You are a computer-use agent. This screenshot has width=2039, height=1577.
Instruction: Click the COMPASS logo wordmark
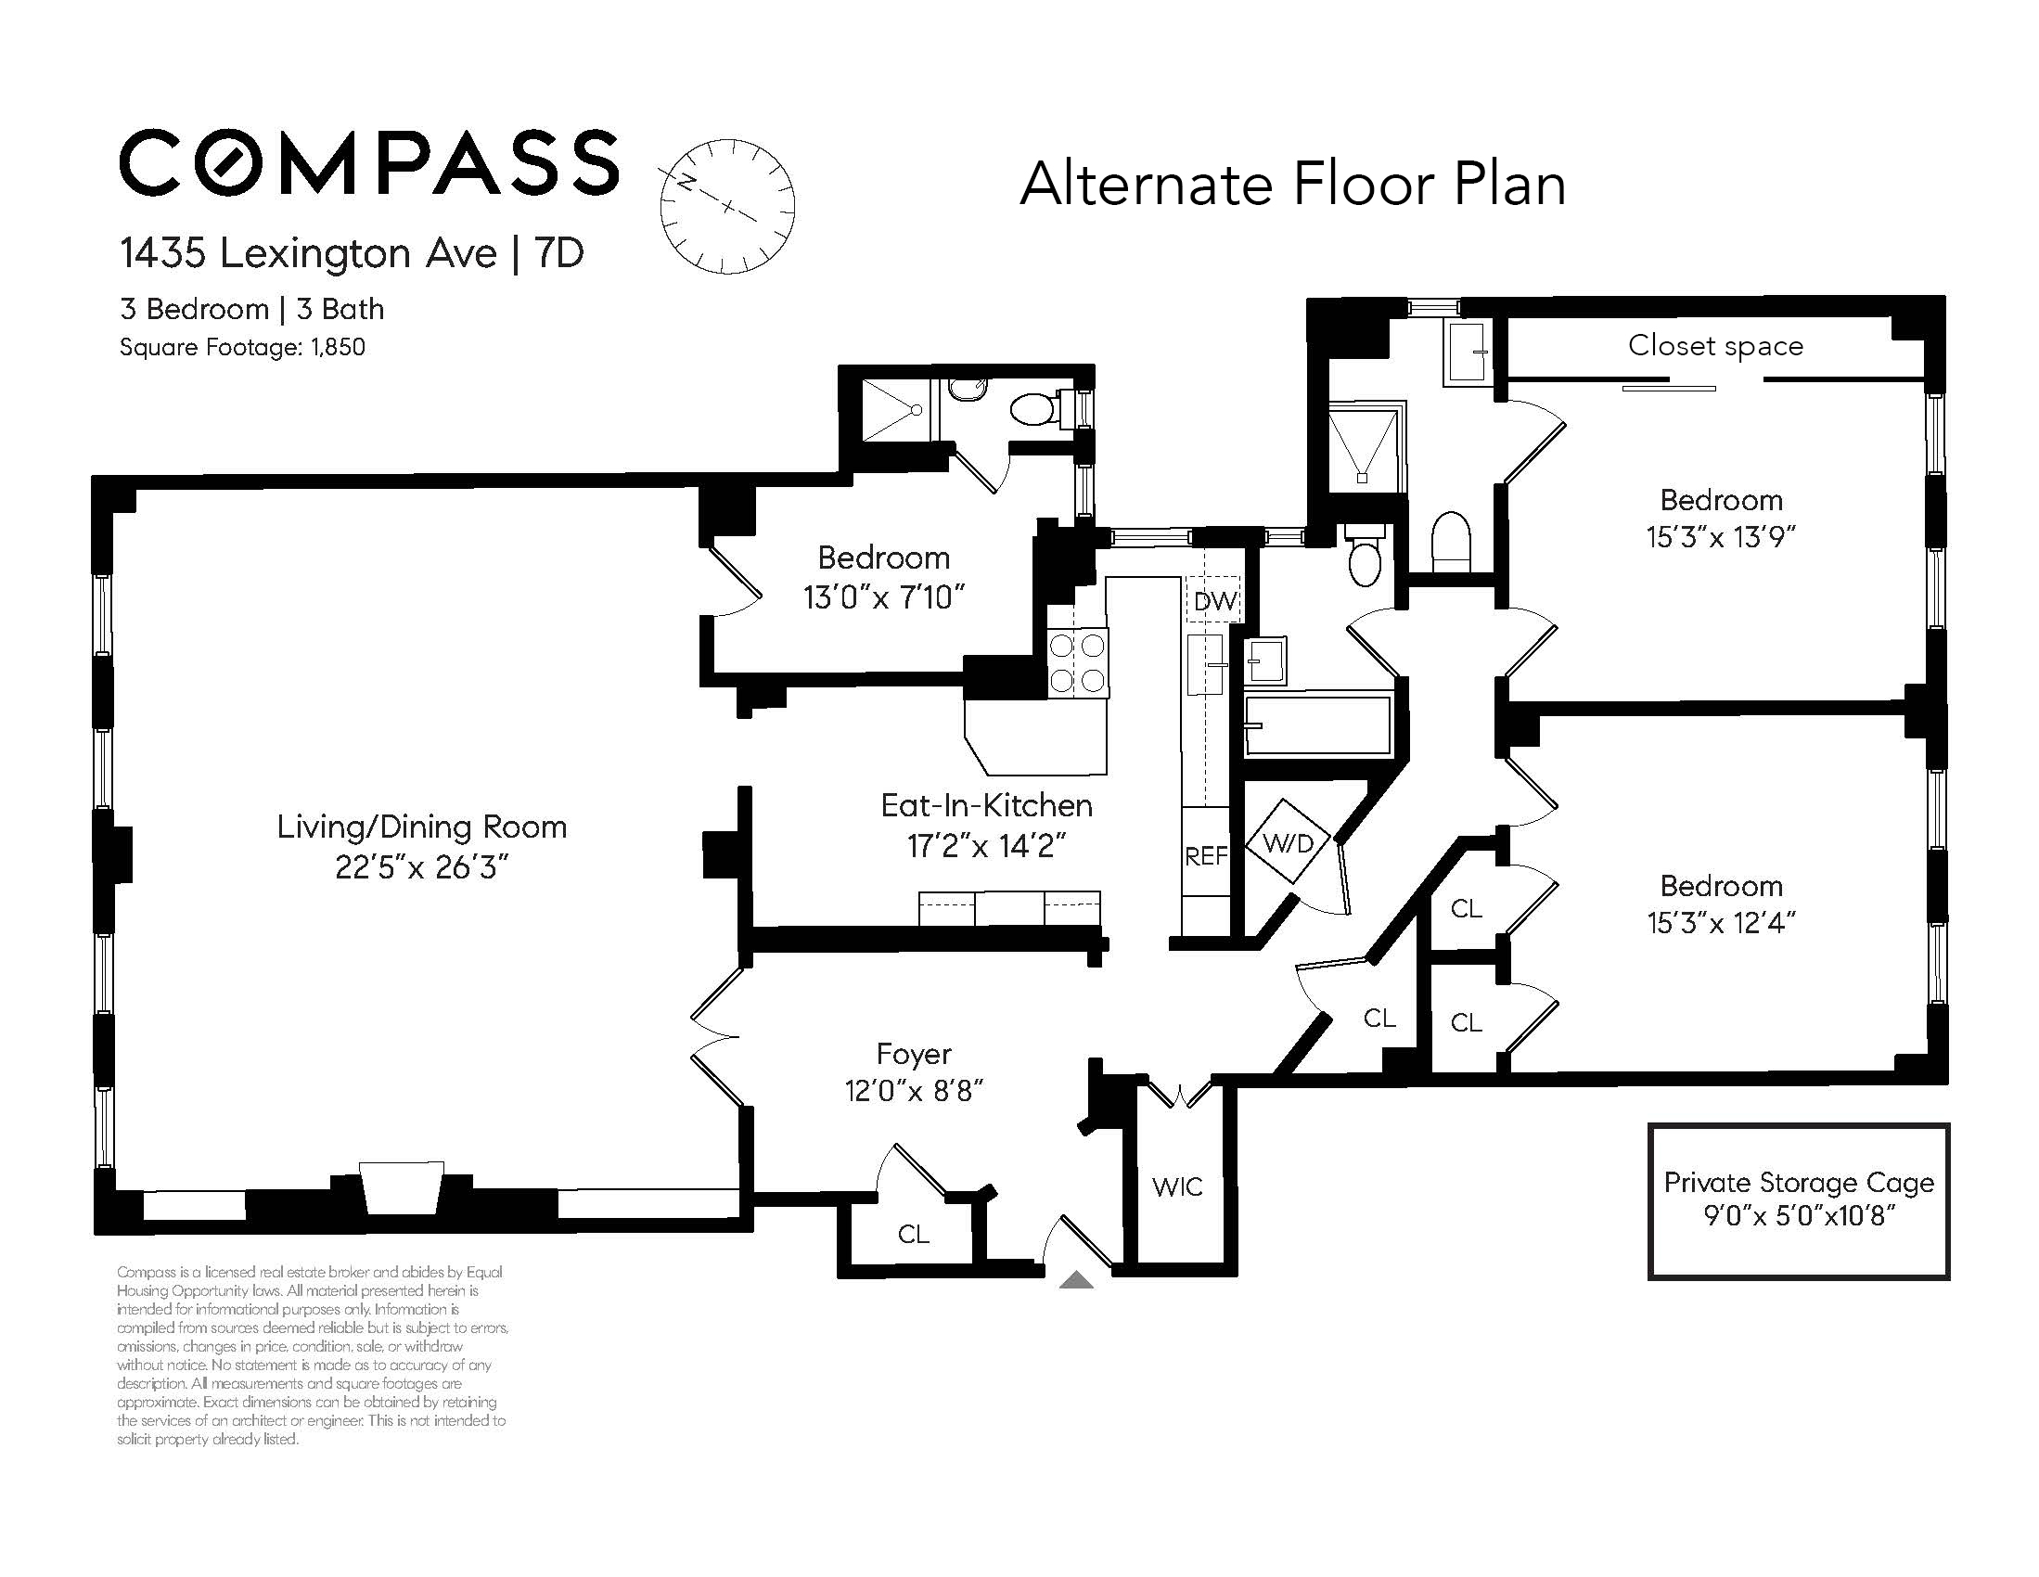point(369,162)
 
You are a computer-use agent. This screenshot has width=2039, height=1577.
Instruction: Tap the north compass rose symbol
point(726,206)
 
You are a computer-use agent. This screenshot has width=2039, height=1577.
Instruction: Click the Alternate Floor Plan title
point(1292,184)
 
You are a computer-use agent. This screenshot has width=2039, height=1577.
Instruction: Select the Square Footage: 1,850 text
point(242,347)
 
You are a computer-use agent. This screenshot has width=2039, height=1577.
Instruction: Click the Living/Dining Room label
point(421,827)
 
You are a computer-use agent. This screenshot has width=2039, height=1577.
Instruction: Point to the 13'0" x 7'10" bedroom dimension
point(883,597)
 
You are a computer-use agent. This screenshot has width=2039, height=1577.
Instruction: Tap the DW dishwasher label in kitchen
point(1214,602)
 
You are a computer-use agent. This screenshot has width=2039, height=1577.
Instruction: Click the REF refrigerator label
point(1205,856)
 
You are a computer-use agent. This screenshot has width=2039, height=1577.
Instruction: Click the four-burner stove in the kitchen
point(1077,663)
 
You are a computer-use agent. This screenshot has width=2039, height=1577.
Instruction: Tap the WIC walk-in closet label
point(1176,1187)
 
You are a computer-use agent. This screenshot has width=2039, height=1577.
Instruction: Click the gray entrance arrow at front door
point(1075,1280)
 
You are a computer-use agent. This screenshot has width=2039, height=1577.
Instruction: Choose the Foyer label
point(913,1054)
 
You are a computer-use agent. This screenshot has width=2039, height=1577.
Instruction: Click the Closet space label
point(1715,345)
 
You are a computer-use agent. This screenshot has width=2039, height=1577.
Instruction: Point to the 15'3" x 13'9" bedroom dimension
point(1721,538)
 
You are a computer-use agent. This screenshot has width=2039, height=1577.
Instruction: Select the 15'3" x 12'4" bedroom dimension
point(1721,923)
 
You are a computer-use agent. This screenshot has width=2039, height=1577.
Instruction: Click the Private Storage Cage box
point(1798,1200)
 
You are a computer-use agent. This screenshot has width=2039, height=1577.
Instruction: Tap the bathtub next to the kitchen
point(1317,725)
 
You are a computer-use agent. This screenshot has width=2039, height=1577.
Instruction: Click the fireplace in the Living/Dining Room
point(402,1187)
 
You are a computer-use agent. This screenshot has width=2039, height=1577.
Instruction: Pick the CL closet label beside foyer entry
point(912,1235)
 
